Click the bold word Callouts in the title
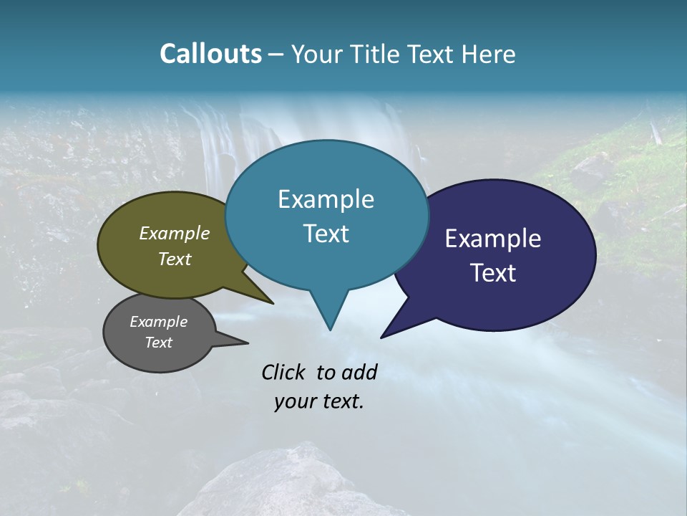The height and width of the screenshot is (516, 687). tap(210, 54)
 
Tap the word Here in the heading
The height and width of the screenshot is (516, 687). tap(487, 54)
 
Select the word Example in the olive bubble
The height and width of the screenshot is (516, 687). tap(174, 233)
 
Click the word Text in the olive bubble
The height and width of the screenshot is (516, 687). tap(174, 259)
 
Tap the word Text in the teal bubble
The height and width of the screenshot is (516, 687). tap(326, 234)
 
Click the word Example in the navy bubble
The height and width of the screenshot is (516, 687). tap(492, 238)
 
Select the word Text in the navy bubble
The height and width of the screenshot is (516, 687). tap(492, 273)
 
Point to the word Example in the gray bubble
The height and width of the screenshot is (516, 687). tap(158, 322)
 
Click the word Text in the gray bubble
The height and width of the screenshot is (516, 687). tap(158, 343)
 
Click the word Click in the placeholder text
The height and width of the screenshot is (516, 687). tap(284, 372)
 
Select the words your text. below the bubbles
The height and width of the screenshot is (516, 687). tap(318, 402)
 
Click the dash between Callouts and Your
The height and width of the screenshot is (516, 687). tap(277, 55)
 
